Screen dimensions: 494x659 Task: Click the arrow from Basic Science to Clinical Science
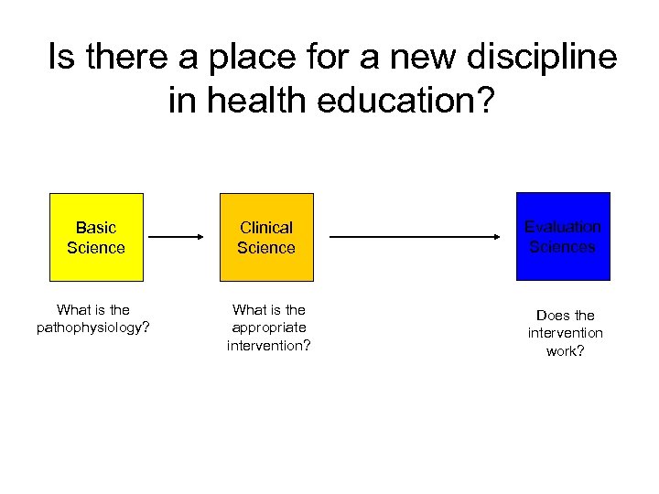(177, 237)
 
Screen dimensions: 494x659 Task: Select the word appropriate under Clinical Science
(269, 328)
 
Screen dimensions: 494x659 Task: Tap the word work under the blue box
(562, 351)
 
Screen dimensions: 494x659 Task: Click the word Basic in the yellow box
(96, 228)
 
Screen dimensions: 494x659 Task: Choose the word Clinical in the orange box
(266, 228)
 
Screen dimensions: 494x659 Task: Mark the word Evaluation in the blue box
(563, 227)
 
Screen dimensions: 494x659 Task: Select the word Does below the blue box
(552, 316)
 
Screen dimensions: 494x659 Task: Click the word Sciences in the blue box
(563, 247)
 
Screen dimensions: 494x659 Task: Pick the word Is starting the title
(61, 59)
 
